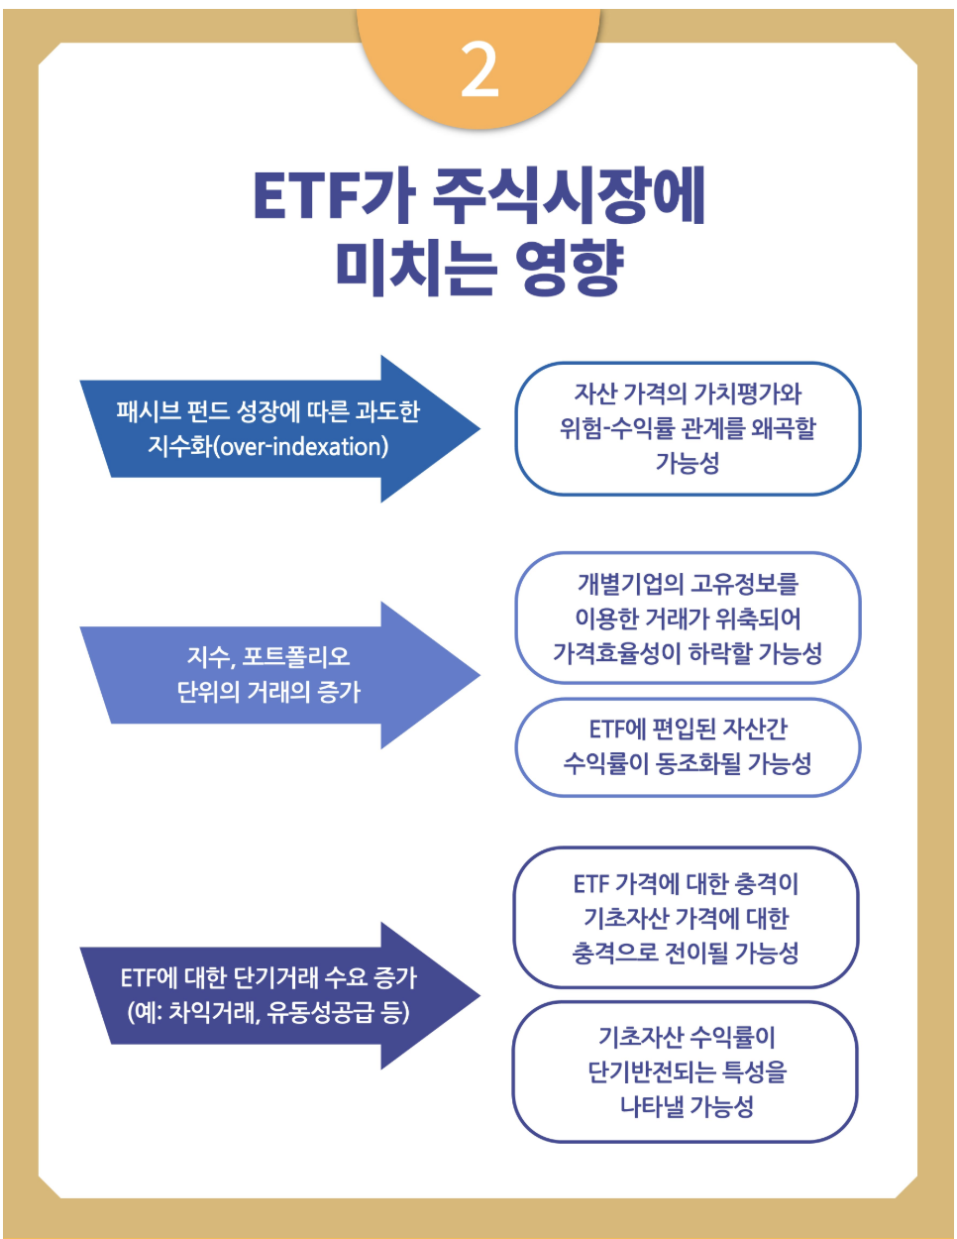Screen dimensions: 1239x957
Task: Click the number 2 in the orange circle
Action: pos(479,70)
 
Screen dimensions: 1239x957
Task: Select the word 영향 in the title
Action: pos(569,265)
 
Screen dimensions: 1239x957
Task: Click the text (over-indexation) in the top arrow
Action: pos(302,446)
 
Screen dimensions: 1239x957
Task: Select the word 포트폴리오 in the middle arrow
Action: pos(296,657)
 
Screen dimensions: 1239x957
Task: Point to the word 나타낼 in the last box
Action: pos(652,1106)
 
